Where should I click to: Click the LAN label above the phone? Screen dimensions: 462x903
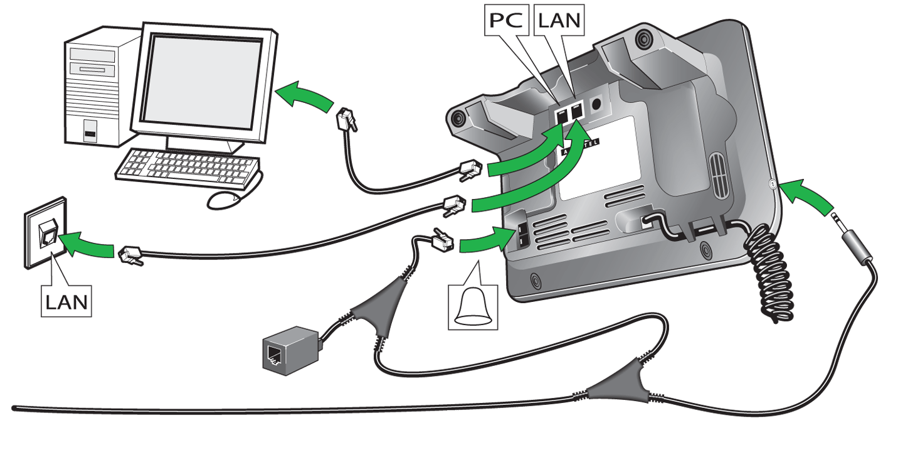(559, 21)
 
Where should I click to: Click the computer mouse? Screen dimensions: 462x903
(224, 200)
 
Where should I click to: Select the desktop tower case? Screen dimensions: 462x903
(94, 91)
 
